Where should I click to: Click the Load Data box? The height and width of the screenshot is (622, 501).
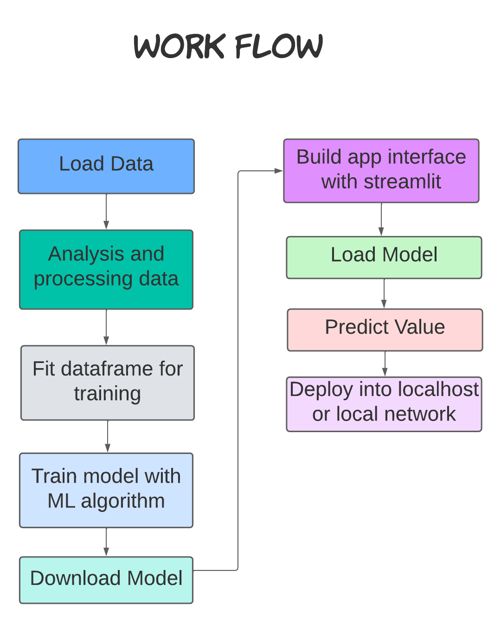pyautogui.click(x=106, y=166)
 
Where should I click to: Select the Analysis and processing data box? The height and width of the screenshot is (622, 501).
pyautogui.click(x=106, y=269)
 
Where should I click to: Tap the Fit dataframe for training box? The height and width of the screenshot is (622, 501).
pyautogui.click(x=107, y=382)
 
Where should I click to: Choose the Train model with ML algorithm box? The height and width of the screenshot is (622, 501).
pyautogui.click(x=106, y=490)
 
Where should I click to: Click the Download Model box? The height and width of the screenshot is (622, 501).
pyautogui.click(x=106, y=580)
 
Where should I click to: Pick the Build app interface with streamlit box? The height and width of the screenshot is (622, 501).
pyautogui.click(x=381, y=170)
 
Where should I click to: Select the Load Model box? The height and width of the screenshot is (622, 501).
pyautogui.click(x=384, y=257)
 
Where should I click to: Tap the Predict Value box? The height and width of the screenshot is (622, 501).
pyautogui.click(x=385, y=330)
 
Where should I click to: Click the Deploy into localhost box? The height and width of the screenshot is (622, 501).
pyautogui.click(x=384, y=404)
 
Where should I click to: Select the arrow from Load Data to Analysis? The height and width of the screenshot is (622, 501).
pyautogui.click(x=106, y=212)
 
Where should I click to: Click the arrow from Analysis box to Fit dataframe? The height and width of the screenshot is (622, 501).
pyautogui.click(x=106, y=327)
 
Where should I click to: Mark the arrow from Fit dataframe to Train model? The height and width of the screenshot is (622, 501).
pyautogui.click(x=108, y=436)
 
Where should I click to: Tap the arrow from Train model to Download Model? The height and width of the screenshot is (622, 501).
pyautogui.click(x=106, y=542)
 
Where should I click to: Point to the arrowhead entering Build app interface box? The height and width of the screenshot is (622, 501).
pyautogui.click(x=278, y=171)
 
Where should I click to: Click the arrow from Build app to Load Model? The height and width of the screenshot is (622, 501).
pyautogui.click(x=381, y=220)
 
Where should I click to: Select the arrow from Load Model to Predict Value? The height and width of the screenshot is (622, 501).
pyautogui.click(x=384, y=294)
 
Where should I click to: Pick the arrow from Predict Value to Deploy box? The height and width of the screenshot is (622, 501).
pyautogui.click(x=385, y=364)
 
